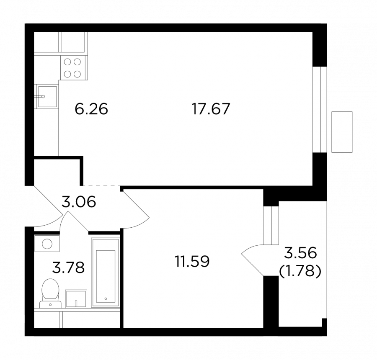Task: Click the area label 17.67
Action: pos(211,109)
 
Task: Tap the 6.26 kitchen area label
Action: pos(91,109)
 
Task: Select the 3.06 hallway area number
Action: pos(79,201)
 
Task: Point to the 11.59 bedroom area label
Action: pos(192,261)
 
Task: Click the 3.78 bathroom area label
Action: pos(69,267)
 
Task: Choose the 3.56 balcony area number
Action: pos(300,253)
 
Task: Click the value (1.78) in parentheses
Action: pos(300,272)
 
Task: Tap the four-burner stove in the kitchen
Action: pos(72,68)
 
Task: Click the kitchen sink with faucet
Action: pos(47,97)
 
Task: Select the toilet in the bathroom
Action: pos(51,293)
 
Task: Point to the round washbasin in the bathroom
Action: pos(47,244)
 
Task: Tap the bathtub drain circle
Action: pos(106,299)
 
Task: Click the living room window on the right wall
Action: pos(320,109)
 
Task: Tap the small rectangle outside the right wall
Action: pos(342,132)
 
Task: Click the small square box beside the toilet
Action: pos(76,299)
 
